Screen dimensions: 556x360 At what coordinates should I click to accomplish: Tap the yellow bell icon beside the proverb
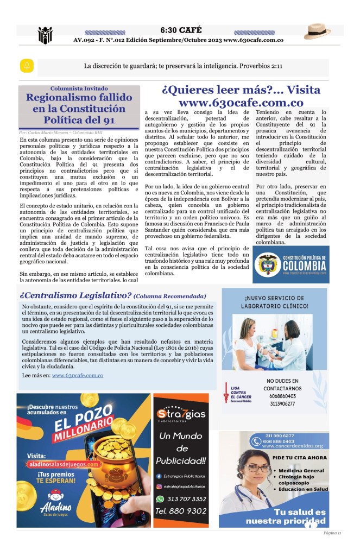(27, 66)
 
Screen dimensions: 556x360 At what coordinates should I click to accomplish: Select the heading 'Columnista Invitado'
(79, 89)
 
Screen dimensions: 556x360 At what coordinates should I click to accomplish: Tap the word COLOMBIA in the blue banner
(304, 266)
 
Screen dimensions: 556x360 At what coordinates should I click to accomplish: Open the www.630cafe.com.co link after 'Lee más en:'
(78, 375)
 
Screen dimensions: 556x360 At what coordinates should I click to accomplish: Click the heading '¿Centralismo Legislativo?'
(75, 296)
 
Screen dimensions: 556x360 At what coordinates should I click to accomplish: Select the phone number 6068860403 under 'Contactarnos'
(282, 396)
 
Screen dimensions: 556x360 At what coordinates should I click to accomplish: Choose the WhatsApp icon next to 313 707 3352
(160, 499)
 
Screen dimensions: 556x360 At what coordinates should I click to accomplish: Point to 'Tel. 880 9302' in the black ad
(181, 511)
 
